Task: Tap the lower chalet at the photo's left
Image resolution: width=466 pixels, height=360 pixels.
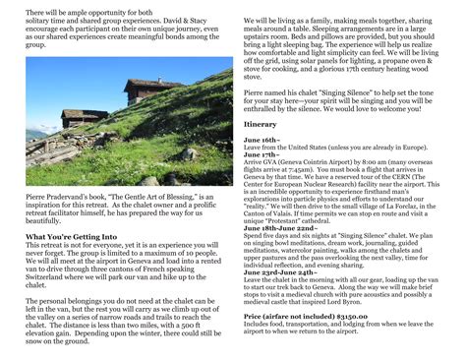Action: [85, 117]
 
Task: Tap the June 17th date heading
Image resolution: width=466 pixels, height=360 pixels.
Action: [262, 154]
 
